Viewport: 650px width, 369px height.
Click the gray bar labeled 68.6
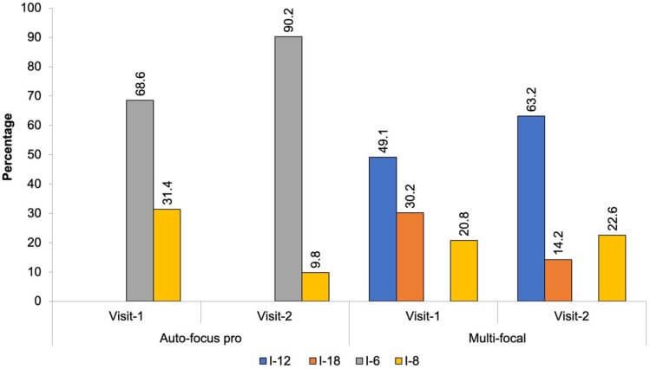coord(140,200)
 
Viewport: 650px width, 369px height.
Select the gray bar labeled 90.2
coord(289,169)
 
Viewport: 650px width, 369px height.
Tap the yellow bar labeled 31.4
coord(167,255)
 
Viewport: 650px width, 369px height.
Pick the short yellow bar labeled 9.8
coord(316,287)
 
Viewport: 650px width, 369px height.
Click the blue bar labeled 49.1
coord(384,229)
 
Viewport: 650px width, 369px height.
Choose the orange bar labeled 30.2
coord(410,256)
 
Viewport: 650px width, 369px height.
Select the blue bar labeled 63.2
coord(531,208)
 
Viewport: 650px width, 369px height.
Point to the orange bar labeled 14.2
coord(558,280)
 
